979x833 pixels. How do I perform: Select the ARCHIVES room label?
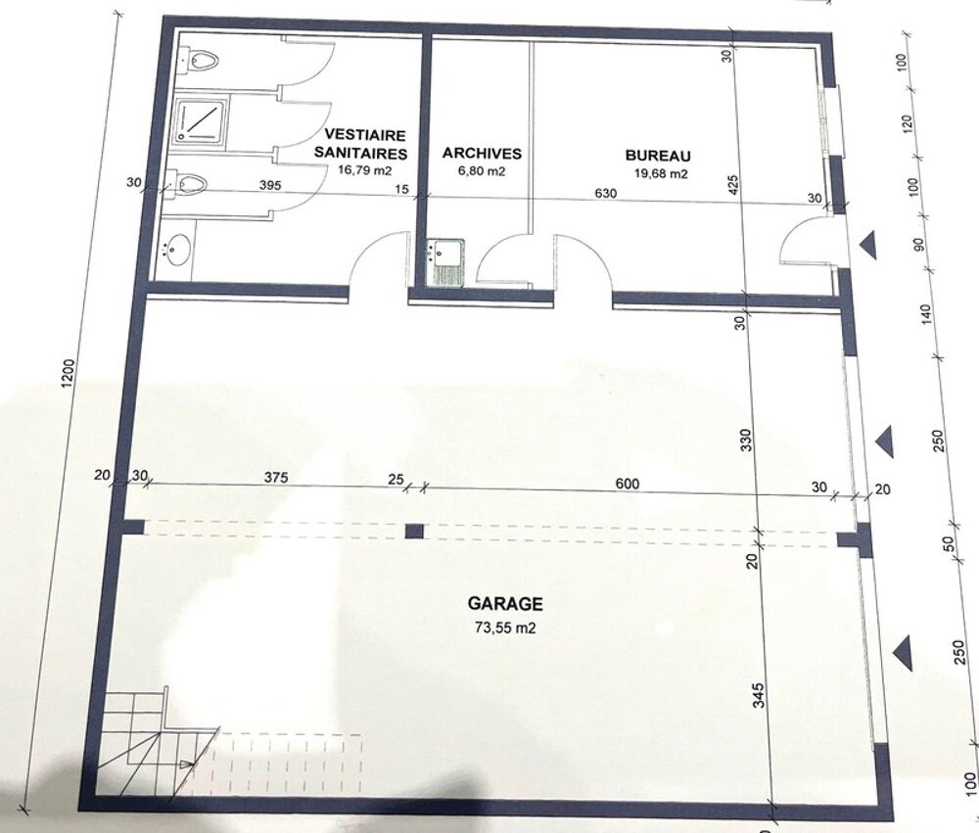tap(482, 153)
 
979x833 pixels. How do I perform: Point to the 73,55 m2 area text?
tap(505, 627)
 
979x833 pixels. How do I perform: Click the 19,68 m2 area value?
tap(661, 173)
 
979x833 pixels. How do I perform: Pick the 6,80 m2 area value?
tap(482, 170)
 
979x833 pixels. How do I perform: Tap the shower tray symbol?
tap(200, 120)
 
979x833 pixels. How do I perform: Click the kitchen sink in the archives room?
tap(443, 263)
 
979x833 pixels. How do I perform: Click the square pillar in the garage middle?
tap(414, 532)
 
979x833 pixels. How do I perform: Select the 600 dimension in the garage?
tap(627, 484)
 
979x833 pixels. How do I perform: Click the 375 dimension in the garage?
tap(275, 478)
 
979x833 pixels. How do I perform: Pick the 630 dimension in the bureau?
tap(605, 193)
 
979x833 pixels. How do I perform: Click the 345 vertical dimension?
tap(758, 695)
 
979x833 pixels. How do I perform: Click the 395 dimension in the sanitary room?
tap(270, 185)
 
